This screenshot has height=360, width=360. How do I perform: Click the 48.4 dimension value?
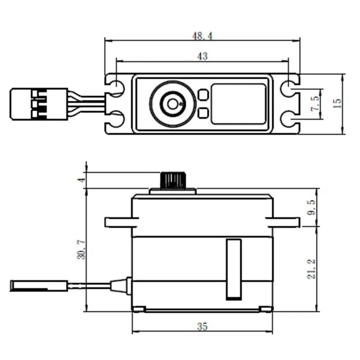click(x=202, y=35)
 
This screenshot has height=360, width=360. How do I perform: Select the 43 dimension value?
click(x=202, y=56)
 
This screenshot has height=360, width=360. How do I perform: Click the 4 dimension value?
click(x=81, y=180)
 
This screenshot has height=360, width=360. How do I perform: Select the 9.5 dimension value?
click(x=311, y=207)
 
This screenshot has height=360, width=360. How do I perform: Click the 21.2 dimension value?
click(x=311, y=269)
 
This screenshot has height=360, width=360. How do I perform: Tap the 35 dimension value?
click(x=202, y=327)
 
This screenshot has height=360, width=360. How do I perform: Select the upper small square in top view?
click(x=203, y=95)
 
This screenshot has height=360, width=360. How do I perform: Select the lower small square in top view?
click(x=203, y=113)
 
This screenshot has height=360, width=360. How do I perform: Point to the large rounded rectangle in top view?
click(x=238, y=103)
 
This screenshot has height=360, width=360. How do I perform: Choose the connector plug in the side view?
click(x=39, y=285)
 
